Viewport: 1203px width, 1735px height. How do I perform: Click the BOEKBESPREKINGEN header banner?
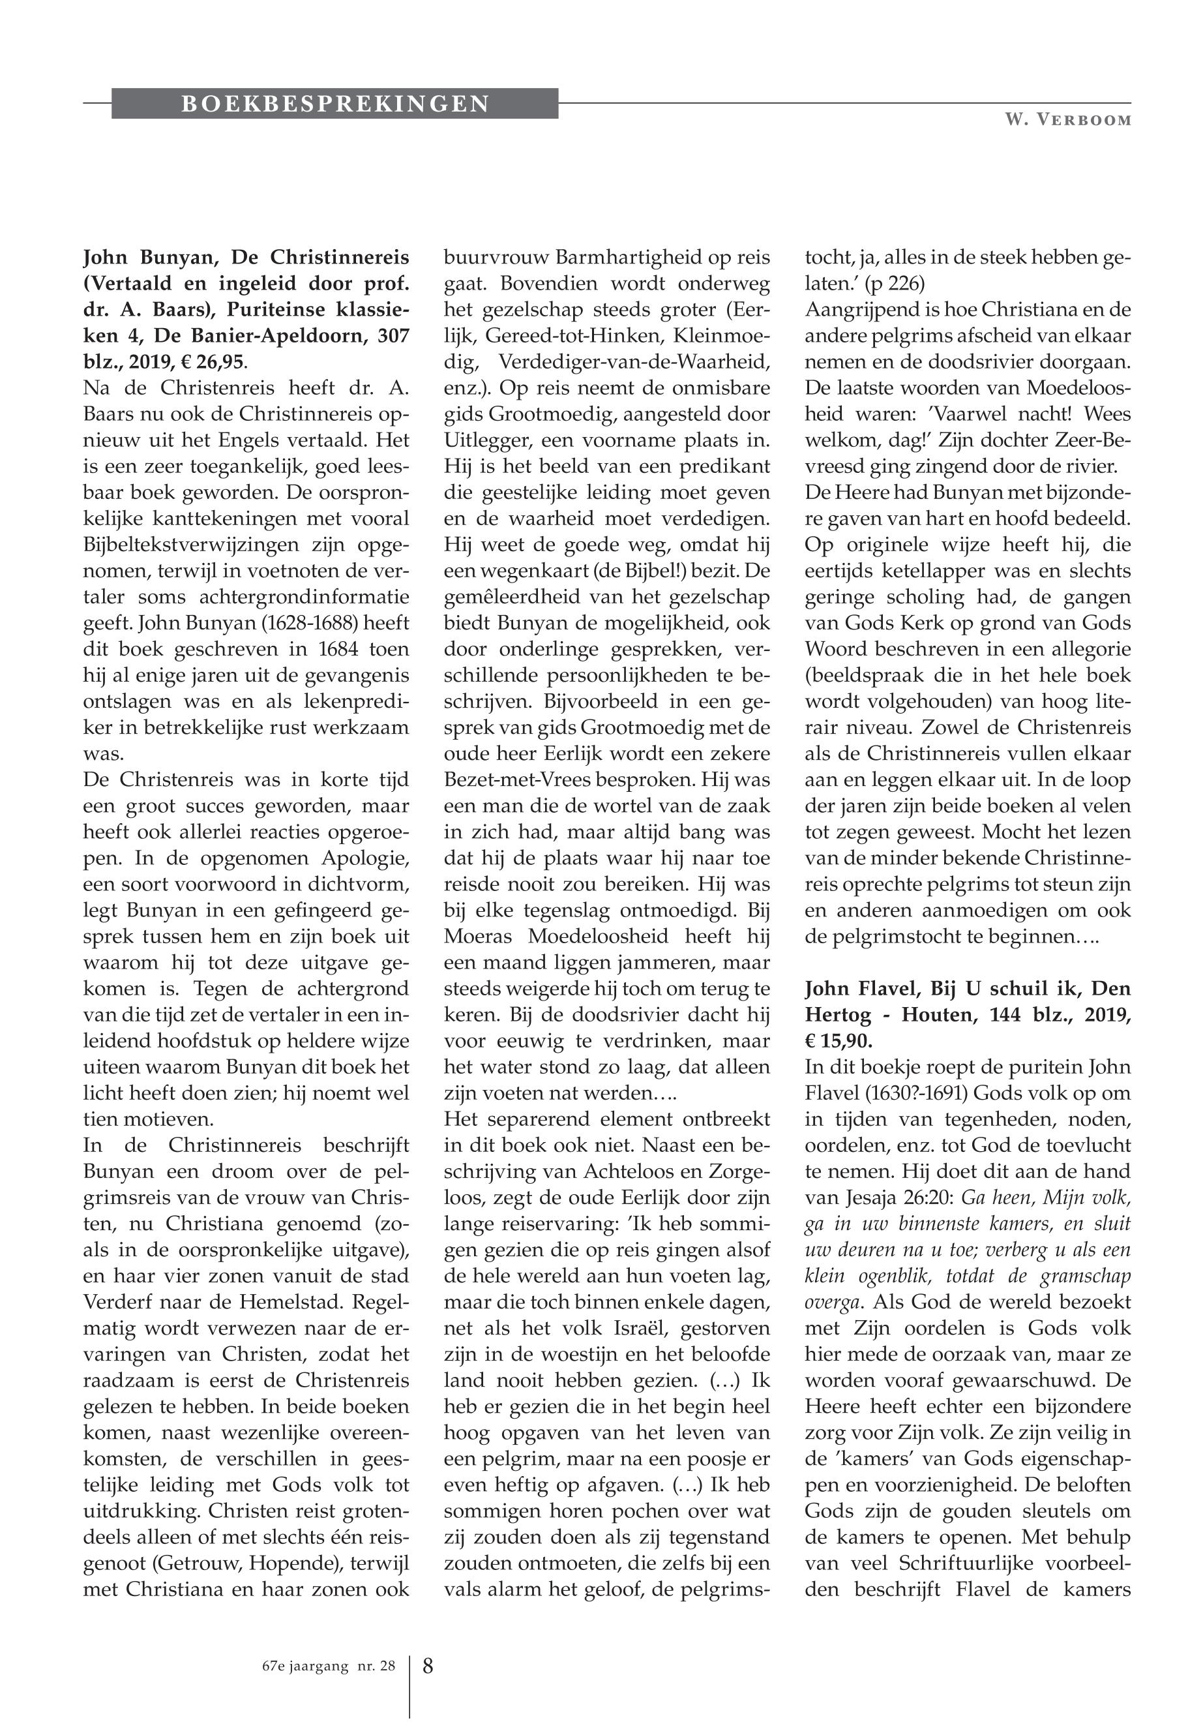[334, 103]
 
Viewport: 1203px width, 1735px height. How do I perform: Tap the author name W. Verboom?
[1067, 120]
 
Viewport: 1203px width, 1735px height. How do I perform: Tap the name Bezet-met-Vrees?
[516, 779]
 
